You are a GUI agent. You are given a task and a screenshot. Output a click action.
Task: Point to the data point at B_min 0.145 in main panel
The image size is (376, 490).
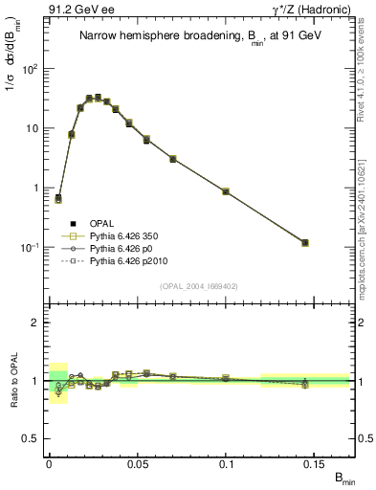pos(305,243)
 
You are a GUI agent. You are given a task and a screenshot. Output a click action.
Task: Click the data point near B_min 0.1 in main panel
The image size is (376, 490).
pos(226,191)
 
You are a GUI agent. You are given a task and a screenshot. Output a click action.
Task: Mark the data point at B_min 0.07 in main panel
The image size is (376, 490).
pos(172,158)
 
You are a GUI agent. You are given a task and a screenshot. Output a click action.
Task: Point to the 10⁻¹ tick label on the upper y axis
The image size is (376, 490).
pos(32,247)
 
